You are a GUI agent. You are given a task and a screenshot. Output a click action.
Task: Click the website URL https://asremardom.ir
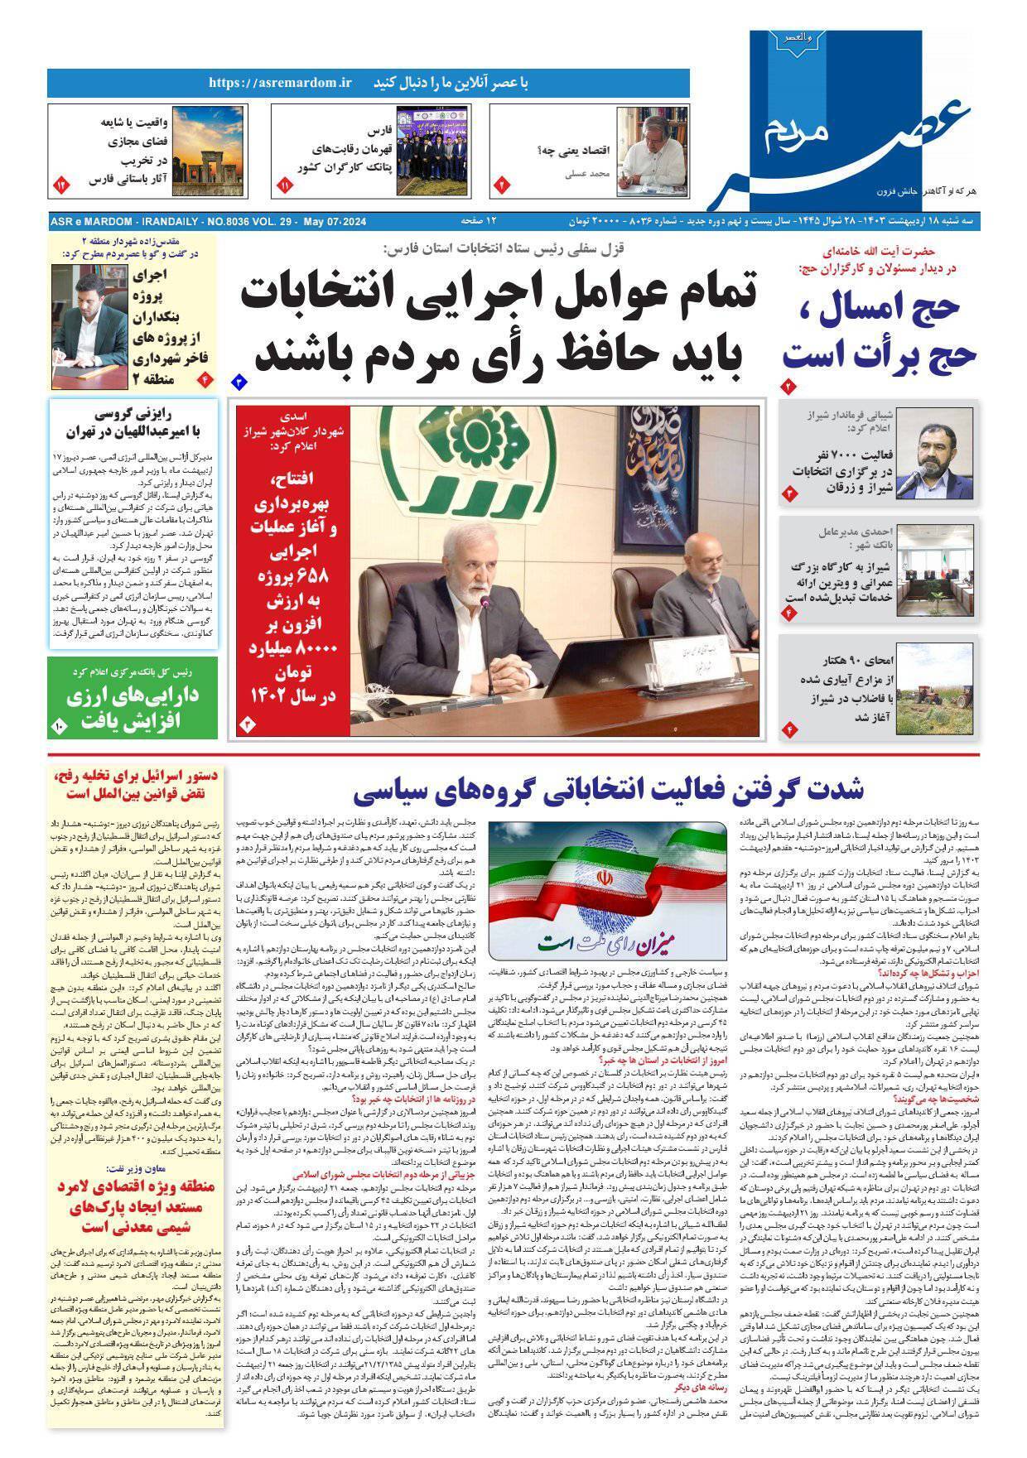(281, 83)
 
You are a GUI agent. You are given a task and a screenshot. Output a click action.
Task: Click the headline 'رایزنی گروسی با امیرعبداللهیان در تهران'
(133, 421)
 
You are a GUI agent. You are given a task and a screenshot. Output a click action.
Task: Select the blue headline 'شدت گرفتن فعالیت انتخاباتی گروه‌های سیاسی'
(609, 789)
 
